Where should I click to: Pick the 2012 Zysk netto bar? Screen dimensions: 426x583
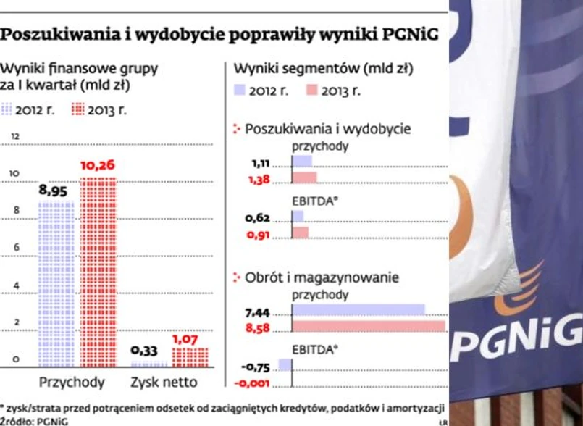(x=148, y=363)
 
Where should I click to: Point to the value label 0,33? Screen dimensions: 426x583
(x=145, y=351)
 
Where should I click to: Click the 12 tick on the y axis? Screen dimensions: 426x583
(x=15, y=137)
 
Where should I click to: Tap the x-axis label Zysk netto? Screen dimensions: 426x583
(x=163, y=382)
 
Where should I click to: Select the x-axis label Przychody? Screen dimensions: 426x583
(x=71, y=382)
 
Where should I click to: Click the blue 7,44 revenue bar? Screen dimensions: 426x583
(x=358, y=311)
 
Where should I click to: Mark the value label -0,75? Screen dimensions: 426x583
(x=257, y=366)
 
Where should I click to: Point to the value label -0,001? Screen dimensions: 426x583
(x=254, y=383)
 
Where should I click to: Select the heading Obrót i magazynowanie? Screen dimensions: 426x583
(x=322, y=277)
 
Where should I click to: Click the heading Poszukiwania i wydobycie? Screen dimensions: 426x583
(x=328, y=129)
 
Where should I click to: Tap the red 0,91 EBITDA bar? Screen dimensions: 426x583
(x=300, y=233)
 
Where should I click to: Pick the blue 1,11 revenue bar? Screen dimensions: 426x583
(x=302, y=161)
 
